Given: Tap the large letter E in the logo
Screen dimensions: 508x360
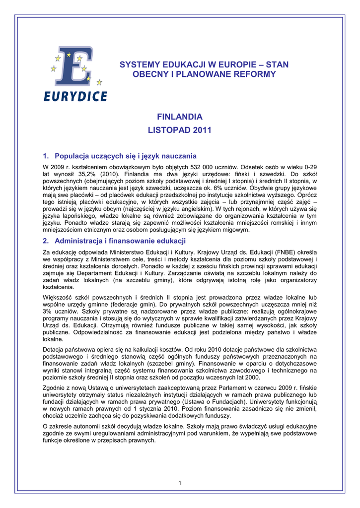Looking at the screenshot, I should click(x=73, y=67).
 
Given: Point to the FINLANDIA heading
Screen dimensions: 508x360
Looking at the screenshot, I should click(x=180, y=117).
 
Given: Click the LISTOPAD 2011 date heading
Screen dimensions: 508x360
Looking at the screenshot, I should click(x=180, y=130).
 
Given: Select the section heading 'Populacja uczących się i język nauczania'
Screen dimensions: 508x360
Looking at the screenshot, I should click(x=126, y=155).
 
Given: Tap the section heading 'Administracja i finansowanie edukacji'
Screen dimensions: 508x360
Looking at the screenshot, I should click(x=120, y=241).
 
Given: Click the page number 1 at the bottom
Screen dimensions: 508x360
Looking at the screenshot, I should click(x=180, y=483).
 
